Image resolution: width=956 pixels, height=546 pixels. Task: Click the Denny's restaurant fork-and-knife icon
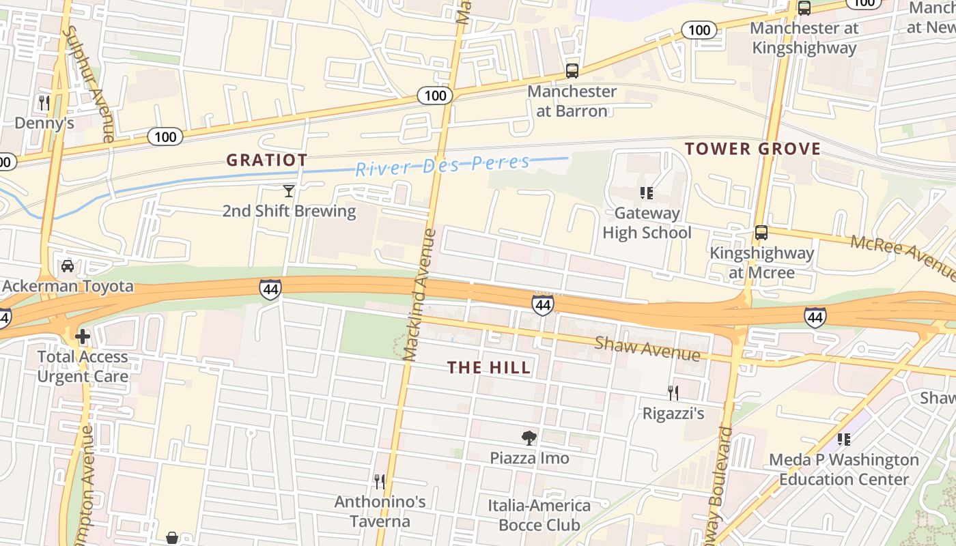pos(44,103)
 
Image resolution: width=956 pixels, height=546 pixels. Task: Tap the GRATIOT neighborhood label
pos(266,160)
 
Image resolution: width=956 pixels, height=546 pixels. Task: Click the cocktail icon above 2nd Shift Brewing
pos(289,191)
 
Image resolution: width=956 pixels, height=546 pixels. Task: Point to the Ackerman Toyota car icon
pos(68,266)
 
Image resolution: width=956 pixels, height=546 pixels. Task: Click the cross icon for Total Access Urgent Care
pos(83,336)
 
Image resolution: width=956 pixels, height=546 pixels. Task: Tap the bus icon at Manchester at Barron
pos(572,70)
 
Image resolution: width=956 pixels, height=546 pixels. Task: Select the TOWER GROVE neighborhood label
pos(753,149)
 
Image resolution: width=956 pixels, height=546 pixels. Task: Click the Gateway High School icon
pos(646,193)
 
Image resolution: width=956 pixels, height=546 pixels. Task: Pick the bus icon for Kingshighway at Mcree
pos(761,233)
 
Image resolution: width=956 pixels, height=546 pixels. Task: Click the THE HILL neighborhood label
pos(489,368)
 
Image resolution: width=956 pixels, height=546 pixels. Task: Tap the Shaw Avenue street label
pos(647,348)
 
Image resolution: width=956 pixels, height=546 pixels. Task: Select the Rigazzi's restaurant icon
pos(673,392)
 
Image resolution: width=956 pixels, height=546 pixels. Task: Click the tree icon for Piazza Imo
pos(529,437)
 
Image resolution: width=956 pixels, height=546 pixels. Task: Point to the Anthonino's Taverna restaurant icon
pos(380,482)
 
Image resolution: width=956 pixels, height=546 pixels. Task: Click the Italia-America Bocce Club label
pos(539,515)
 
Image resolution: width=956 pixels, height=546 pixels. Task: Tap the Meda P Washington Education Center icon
pos(844,440)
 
